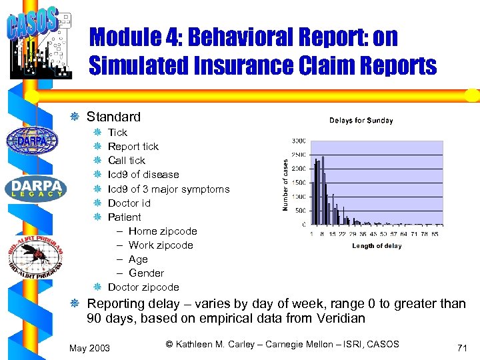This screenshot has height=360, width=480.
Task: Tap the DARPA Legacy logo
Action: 37,188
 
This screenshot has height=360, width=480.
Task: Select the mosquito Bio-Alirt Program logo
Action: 36,255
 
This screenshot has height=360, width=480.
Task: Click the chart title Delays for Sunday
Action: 361,121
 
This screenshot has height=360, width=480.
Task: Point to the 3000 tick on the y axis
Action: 298,141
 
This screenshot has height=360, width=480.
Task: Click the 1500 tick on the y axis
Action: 298,183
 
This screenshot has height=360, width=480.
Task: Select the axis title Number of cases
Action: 285,185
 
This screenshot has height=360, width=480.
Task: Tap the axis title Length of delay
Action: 377,246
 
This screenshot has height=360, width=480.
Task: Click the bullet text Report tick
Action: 133,147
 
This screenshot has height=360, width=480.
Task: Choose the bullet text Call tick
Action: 127,161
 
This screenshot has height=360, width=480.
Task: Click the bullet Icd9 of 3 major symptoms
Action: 169,189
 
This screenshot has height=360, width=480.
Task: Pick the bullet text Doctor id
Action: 129,203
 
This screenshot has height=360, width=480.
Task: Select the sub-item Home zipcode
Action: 163,231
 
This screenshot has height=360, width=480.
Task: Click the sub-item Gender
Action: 146,273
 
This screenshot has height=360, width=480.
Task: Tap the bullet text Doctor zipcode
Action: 143,287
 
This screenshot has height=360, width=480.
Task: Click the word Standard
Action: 113,117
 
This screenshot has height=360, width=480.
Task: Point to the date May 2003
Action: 89,348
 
